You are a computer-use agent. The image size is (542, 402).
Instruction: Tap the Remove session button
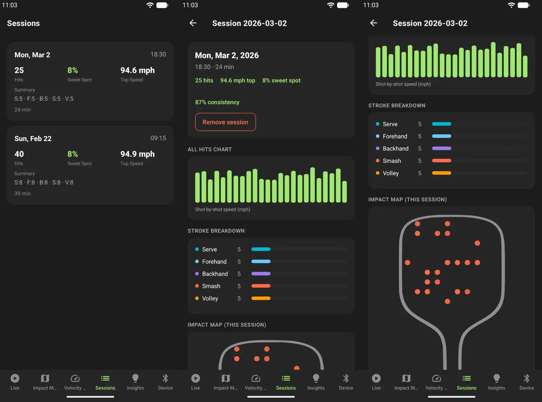pos(225,122)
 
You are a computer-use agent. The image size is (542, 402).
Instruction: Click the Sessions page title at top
pos(23,23)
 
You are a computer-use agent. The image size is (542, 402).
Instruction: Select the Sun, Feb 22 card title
pos(33,139)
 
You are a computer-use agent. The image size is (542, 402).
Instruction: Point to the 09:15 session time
pos(158,138)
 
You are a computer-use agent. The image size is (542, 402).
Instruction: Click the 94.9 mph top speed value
pos(137,154)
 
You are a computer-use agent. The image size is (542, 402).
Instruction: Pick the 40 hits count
pos(19,154)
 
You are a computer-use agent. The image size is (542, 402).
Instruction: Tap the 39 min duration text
pos(22,193)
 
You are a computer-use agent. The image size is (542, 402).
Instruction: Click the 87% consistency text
pos(217,102)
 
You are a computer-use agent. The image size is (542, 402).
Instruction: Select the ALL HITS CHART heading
pos(210,149)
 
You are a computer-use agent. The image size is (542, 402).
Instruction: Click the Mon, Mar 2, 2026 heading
pos(227,55)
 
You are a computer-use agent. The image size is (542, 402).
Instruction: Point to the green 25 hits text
pos(204,80)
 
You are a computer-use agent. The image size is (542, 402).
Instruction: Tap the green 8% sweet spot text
pos(281,80)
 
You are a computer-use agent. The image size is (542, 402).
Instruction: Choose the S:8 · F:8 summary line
pos(44,183)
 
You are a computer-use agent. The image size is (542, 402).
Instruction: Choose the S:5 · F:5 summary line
pos(44,99)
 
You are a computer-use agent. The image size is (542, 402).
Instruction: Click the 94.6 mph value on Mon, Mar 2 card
pos(137,70)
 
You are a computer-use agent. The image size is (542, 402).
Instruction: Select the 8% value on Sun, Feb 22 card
pos(72,154)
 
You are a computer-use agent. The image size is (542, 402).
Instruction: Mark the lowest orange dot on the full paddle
pos(447,301)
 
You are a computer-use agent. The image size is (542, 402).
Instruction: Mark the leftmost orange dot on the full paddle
pos(408,263)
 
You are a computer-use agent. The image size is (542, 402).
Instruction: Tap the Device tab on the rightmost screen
pos(526,382)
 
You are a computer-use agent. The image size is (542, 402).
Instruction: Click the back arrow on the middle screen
pos(193,23)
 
